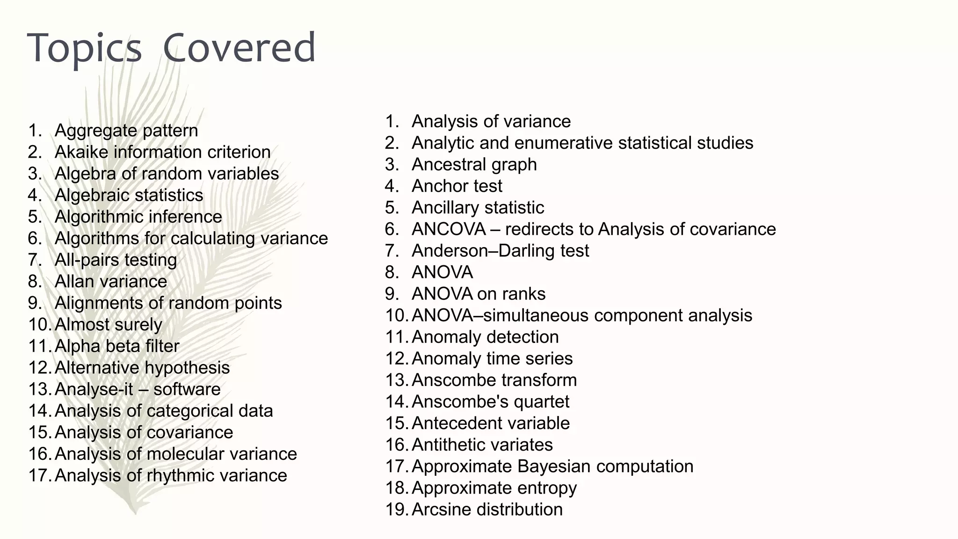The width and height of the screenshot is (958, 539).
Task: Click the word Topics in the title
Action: coord(85,49)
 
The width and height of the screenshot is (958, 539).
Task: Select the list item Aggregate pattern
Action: coord(126,130)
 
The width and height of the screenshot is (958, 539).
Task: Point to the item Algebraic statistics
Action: coord(129,195)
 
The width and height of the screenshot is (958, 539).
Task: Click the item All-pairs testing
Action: coord(116,260)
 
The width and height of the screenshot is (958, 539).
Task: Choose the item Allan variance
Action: coord(110,281)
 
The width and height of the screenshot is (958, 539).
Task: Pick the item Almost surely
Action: coord(108,324)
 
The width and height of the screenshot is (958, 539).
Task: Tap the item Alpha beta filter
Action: coord(117,346)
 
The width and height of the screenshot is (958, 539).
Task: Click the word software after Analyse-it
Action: coord(187,389)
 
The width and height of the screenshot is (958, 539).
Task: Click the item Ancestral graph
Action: coord(474,164)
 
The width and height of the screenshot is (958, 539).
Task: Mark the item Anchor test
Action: coord(457,186)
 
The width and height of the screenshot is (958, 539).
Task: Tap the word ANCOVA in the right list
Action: coord(449,229)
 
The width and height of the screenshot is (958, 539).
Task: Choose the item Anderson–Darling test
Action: coord(500,250)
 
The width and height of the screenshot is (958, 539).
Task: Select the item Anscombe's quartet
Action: coord(490,401)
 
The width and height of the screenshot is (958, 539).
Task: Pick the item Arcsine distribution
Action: coord(487,509)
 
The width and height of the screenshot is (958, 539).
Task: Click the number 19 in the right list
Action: coord(396,509)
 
